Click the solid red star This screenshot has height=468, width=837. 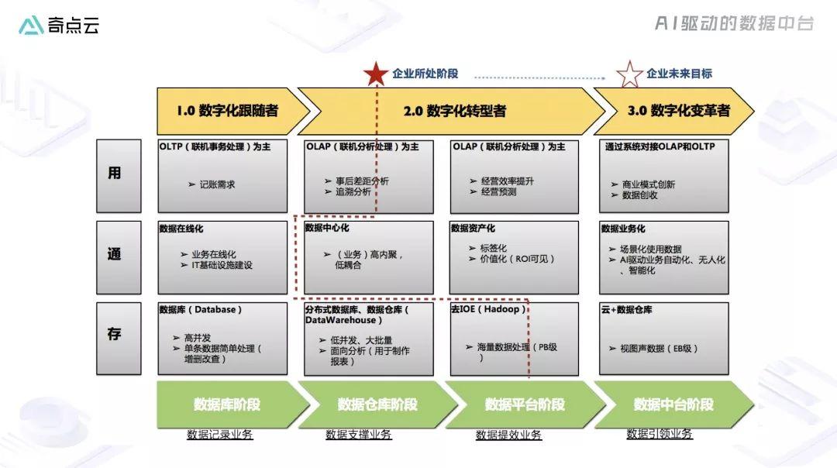(376, 74)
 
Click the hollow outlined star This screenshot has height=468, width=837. (629, 74)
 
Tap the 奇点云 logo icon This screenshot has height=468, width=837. (31, 25)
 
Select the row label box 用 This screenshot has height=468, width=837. (119, 176)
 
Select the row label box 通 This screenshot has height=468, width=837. (119, 258)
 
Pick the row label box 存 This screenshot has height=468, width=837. (119, 339)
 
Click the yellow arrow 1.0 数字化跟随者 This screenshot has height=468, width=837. (233, 111)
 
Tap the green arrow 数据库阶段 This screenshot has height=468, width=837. (233, 404)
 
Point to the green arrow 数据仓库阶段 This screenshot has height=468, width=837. (378, 404)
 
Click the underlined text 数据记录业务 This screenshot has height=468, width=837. (220, 435)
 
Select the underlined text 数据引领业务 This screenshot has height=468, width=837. (660, 434)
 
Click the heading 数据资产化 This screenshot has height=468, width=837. (473, 229)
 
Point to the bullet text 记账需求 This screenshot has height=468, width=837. (217, 184)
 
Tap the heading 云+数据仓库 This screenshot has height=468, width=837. (627, 309)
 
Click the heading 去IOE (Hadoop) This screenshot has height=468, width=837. (488, 309)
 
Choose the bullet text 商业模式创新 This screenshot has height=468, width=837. (649, 184)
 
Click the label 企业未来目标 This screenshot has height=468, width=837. (679, 74)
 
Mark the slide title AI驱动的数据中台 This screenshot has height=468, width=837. (734, 23)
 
